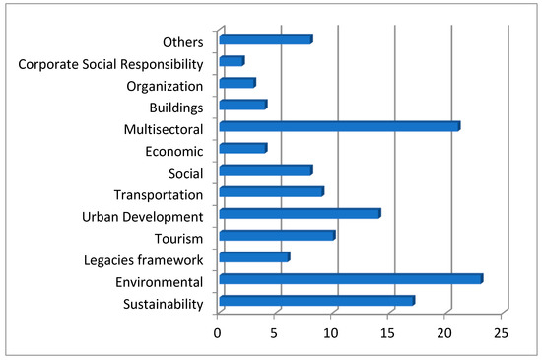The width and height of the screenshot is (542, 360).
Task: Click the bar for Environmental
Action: point(350,279)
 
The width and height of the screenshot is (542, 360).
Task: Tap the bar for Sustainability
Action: point(316,301)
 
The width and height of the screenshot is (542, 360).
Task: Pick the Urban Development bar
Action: point(299,214)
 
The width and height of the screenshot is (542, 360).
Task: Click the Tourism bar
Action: point(277,236)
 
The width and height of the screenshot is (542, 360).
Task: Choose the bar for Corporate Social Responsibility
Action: point(231,61)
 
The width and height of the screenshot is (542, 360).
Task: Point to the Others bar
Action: point(265,39)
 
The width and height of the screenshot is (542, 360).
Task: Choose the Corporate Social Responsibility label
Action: point(110,64)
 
